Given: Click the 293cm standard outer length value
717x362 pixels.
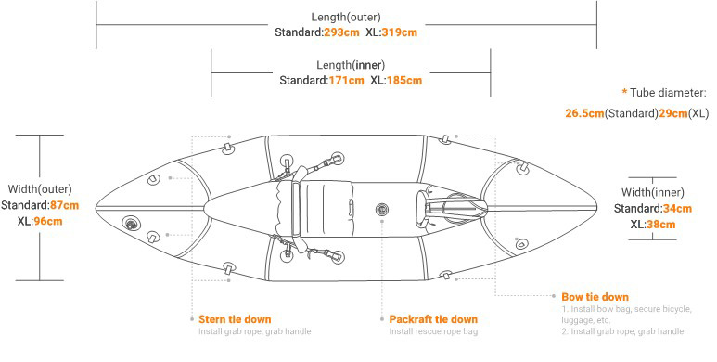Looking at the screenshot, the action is [x=341, y=32].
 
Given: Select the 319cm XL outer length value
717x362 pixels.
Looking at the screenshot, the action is [x=399, y=32].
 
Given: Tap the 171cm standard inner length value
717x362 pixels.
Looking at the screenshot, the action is [x=347, y=81].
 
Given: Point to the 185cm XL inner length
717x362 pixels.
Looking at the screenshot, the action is [x=404, y=81].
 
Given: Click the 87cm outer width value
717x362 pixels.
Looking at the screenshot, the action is [x=65, y=205].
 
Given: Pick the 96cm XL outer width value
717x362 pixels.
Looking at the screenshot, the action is [x=48, y=222].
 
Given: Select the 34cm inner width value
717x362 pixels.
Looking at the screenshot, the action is [x=677, y=209].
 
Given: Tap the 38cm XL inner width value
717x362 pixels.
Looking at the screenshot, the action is [x=660, y=225].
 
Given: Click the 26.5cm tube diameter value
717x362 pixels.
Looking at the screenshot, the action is [x=584, y=113].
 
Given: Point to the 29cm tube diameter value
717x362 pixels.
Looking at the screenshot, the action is [x=673, y=113].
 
